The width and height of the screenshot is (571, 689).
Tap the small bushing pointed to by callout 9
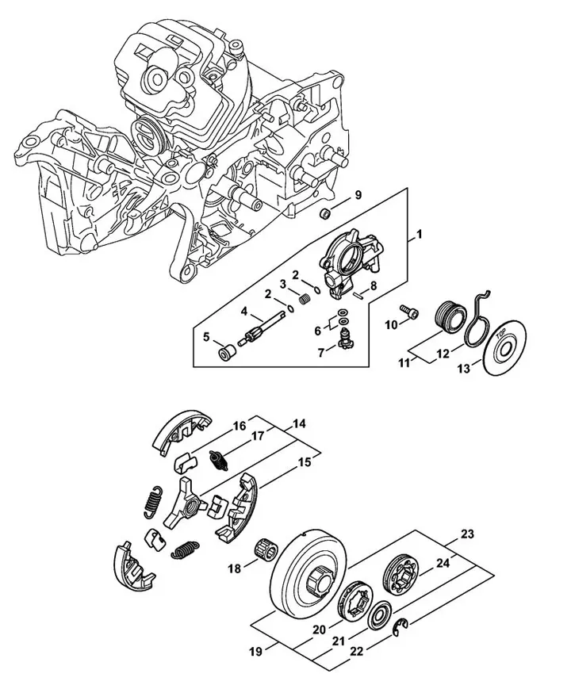324,214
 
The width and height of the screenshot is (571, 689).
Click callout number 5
206,337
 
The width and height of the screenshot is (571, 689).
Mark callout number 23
468,534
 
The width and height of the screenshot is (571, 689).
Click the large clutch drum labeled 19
302,572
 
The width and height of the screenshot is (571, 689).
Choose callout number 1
420,235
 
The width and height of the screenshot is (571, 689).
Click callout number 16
239,426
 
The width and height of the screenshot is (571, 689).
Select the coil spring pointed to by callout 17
217,457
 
